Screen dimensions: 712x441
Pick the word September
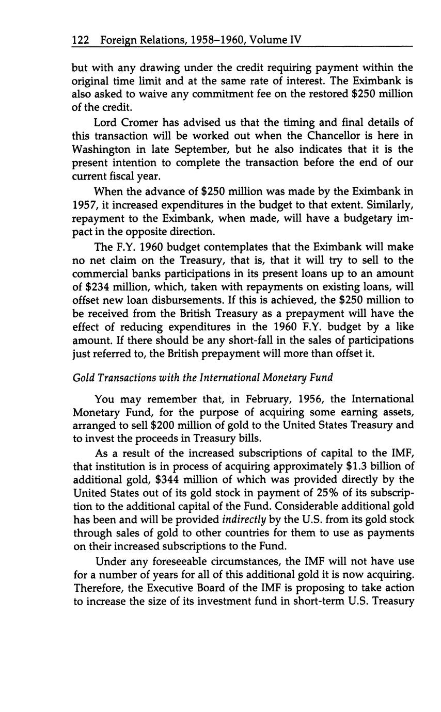click(204, 150)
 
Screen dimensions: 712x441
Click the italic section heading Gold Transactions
click(123, 378)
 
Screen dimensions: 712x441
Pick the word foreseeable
click(177, 561)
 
